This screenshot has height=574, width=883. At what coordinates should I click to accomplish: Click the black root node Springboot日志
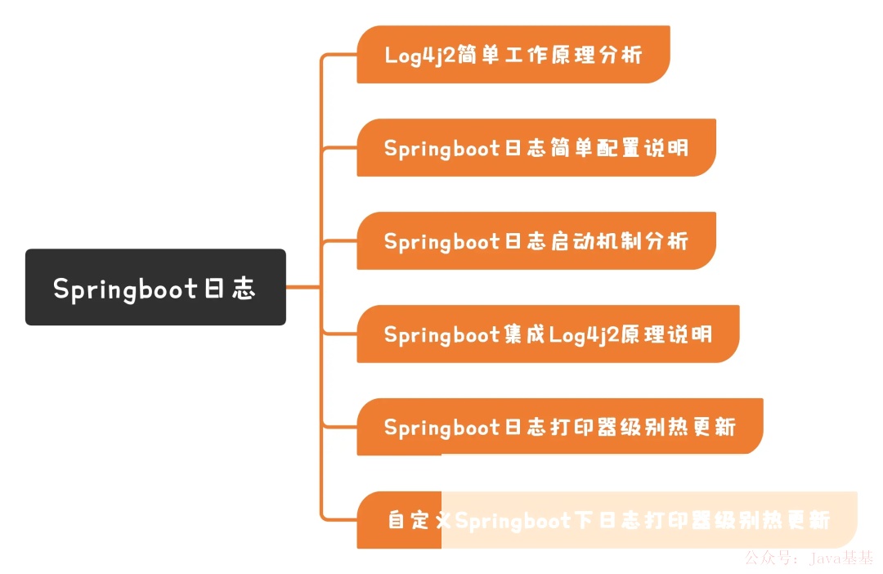(155, 287)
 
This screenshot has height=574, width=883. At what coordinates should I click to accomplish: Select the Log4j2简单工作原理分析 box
(513, 55)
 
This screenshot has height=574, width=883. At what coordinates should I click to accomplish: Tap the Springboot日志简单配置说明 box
(536, 148)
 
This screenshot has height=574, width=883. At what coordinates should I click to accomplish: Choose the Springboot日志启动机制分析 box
(536, 241)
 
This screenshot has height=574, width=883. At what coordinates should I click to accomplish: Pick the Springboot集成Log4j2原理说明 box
(548, 334)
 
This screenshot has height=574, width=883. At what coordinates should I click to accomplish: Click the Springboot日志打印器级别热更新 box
(559, 428)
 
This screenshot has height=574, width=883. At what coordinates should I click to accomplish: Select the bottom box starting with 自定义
(607, 520)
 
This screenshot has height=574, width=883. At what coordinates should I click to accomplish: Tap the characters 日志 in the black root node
(228, 289)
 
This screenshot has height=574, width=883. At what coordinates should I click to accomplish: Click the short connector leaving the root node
(303, 287)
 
